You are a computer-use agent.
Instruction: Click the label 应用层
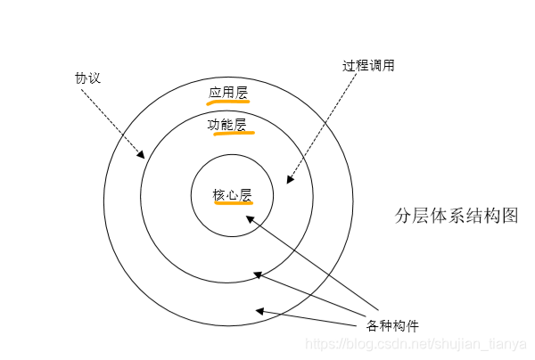click(x=228, y=92)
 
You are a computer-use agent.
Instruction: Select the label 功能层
click(x=228, y=125)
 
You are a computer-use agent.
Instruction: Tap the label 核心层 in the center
click(x=232, y=194)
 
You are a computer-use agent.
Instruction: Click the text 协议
click(x=87, y=78)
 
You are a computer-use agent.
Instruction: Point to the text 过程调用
click(x=368, y=66)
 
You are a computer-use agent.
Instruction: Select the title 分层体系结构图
click(x=456, y=216)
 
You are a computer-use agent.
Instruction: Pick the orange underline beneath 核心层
click(x=234, y=203)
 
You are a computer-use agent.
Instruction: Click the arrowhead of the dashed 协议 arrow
click(x=141, y=156)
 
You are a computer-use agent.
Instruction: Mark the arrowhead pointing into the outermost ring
click(x=259, y=311)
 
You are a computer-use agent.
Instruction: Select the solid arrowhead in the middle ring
click(x=257, y=274)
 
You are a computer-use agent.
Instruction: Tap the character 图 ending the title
click(x=509, y=216)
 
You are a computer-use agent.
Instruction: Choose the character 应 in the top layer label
click(x=215, y=92)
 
